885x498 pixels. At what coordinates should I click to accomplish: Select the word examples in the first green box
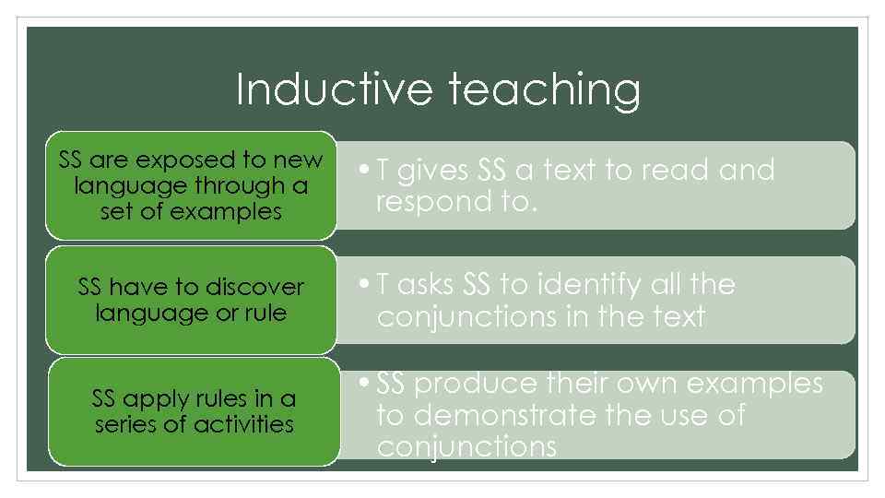pyautogui.click(x=232, y=211)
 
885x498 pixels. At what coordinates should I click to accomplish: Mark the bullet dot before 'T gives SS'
pyautogui.click(x=367, y=171)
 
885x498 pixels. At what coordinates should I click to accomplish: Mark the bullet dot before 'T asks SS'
pyautogui.click(x=367, y=285)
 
